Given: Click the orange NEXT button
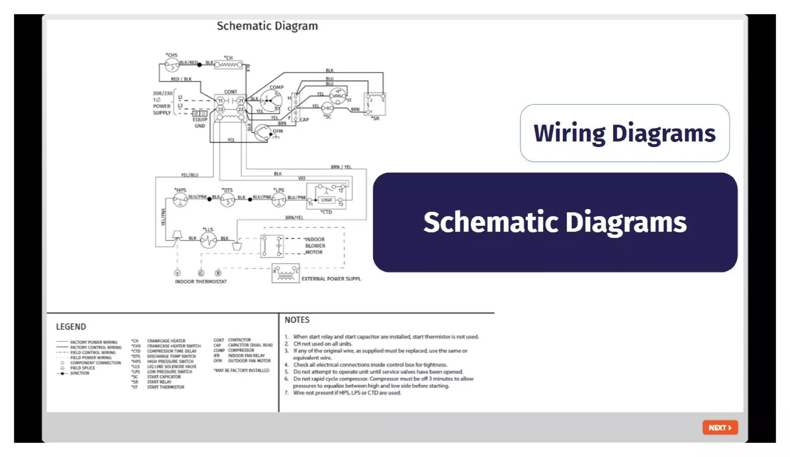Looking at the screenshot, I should pos(720,427).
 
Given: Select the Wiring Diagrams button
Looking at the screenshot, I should pos(624,133).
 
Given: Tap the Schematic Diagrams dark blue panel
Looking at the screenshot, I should pos(555,222).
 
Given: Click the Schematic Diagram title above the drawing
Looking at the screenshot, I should pos(267,26).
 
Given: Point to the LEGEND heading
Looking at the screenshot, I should pos(71,327).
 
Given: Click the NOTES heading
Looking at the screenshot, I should pos(297,320).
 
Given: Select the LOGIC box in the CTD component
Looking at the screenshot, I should pos(326,200).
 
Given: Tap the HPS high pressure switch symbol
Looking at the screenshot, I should pos(180,200).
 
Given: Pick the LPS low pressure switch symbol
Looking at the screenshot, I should pos(279,200).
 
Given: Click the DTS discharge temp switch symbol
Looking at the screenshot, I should pos(227,200).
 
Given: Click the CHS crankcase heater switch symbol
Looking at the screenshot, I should pos(172,65).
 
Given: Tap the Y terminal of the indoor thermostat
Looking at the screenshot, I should pos(177,273).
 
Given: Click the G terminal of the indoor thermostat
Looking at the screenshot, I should pos(201,273).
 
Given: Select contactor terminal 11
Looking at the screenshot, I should pos(220,101).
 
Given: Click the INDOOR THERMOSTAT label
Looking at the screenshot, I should pos(201,282).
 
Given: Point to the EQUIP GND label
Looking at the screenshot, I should pos(200,122).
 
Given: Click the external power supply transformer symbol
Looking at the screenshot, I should pos(285,274).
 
